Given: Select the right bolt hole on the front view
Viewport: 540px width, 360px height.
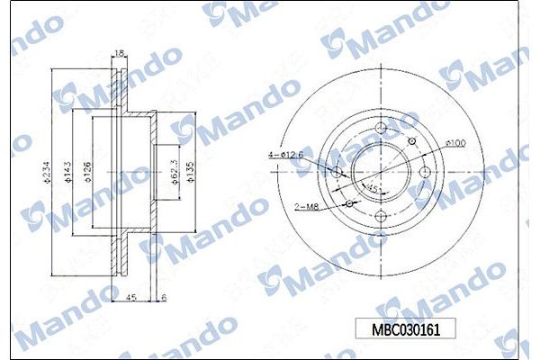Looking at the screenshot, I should [x=426, y=171].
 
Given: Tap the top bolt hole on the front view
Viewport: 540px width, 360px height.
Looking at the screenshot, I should [x=381, y=126].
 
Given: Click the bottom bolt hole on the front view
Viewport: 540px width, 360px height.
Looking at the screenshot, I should [x=381, y=216].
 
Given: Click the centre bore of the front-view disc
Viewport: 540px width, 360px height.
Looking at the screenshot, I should [x=381, y=171].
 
